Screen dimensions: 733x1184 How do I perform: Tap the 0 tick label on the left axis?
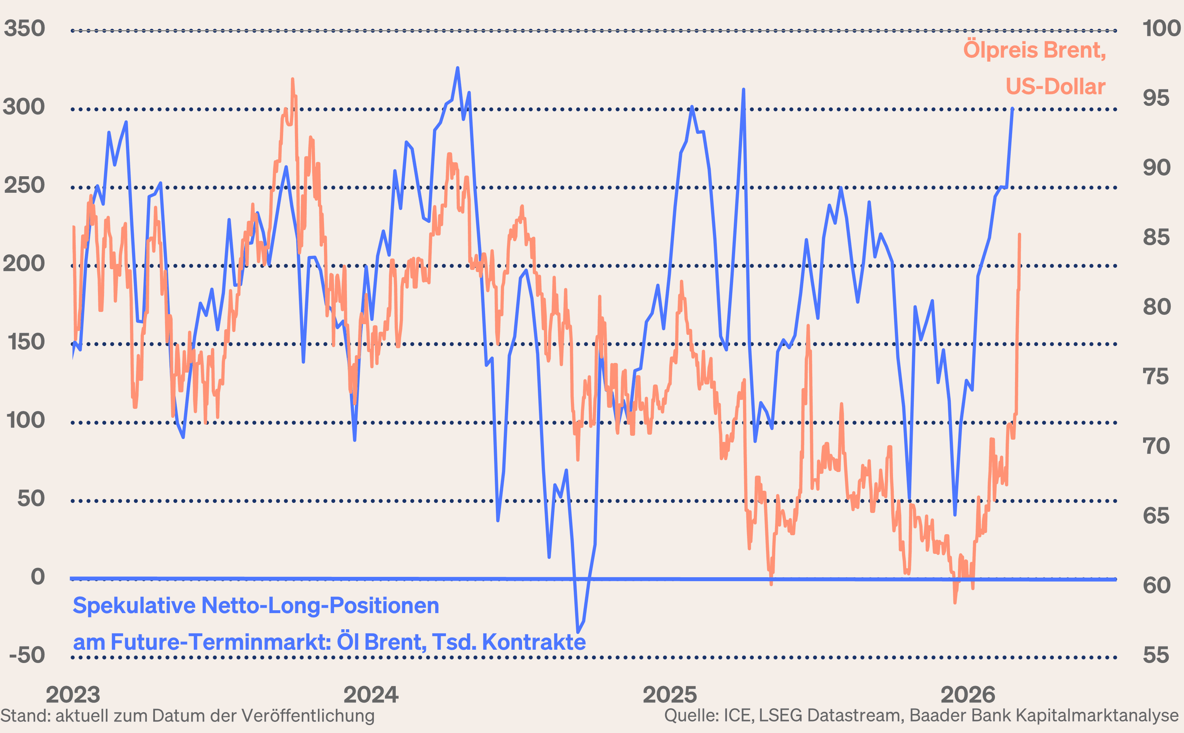[37, 577]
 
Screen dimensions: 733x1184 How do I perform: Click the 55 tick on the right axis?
[1156, 655]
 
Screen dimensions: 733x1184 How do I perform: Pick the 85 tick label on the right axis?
[1156, 238]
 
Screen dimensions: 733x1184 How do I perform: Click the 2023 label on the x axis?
[73, 695]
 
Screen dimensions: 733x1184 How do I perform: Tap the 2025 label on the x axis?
[669, 695]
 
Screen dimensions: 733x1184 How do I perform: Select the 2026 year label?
[967, 695]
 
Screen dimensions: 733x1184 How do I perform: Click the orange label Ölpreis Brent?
[1034, 50]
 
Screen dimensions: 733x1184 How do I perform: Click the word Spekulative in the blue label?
[133, 606]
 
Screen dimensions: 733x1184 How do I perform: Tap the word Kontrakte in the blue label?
[534, 642]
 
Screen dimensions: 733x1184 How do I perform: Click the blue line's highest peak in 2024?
[457, 68]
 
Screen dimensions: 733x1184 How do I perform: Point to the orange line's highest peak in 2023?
[292, 79]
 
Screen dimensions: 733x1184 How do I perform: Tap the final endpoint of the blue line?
[1012, 109]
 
